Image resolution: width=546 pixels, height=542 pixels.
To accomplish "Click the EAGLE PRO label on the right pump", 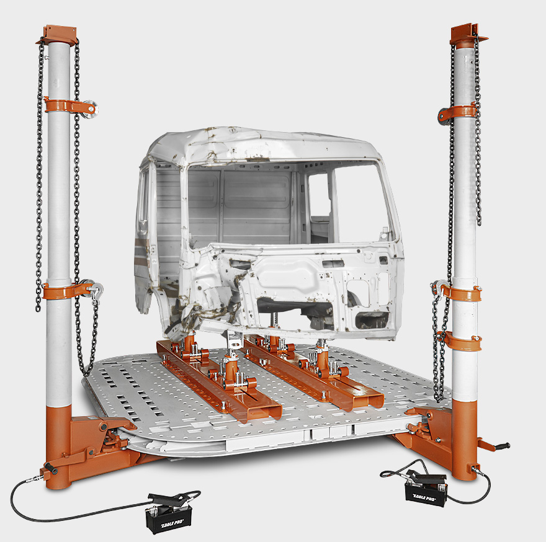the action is tap(424, 497).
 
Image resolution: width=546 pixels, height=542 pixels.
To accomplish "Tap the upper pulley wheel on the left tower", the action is tap(90, 109).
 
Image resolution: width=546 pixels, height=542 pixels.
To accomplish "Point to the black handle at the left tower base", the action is tap(51, 468).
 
